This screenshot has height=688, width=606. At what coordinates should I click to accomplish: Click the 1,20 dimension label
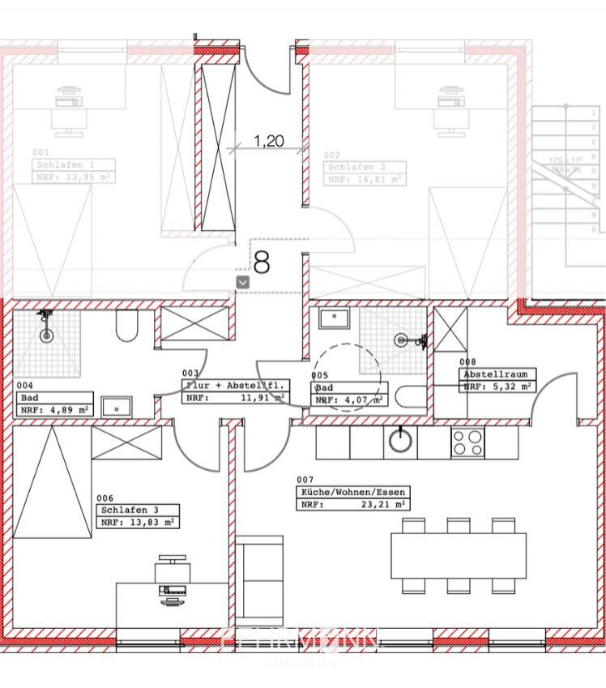tap(269, 141)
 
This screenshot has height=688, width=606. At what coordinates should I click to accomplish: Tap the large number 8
tap(262, 261)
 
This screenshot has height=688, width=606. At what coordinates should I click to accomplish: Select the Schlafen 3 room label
tap(127, 510)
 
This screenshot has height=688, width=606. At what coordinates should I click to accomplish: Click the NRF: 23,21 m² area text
tap(352, 504)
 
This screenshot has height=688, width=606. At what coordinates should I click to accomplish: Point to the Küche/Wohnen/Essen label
tap(352, 492)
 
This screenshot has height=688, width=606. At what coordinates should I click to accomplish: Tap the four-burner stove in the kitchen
tap(467, 442)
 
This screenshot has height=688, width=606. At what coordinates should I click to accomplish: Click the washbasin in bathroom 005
tap(333, 318)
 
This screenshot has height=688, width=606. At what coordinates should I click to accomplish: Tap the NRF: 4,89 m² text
tap(54, 410)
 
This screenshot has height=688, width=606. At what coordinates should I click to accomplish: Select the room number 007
tap(305, 480)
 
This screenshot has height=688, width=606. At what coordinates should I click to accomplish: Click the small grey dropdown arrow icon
tap(242, 280)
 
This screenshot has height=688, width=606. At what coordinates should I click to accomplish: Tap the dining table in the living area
tap(458, 555)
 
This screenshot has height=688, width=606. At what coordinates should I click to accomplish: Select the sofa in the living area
tap(259, 571)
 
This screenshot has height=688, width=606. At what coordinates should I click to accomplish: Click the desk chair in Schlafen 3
tap(173, 566)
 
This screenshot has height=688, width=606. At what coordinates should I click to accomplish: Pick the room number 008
tap(468, 362)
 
